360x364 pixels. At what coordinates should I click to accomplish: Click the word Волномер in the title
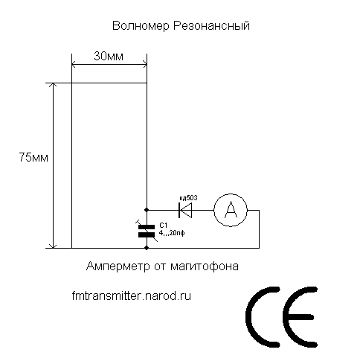(x=141, y=25)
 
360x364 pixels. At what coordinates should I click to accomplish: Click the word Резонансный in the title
(x=211, y=26)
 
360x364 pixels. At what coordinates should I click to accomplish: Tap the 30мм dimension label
(x=109, y=57)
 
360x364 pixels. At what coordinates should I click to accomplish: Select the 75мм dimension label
(x=33, y=157)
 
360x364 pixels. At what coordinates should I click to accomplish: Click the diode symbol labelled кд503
(x=185, y=210)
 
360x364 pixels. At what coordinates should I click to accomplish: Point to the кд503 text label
(x=188, y=198)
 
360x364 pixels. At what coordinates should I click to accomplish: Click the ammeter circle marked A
(x=231, y=210)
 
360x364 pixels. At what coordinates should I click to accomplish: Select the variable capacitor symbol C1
(x=147, y=231)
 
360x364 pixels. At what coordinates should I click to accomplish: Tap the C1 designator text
(x=164, y=226)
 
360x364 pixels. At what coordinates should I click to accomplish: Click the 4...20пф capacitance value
(x=172, y=233)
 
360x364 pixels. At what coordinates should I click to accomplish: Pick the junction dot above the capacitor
(x=147, y=210)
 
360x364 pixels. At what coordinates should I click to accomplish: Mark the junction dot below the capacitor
(x=147, y=248)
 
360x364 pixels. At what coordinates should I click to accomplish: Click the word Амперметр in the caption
(x=118, y=266)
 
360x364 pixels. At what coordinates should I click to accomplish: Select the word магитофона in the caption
(x=205, y=266)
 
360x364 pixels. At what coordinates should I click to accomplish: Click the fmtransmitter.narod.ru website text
(x=132, y=296)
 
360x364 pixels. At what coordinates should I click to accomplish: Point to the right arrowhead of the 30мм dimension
(x=144, y=65)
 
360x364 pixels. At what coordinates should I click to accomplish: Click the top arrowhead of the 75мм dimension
(x=53, y=85)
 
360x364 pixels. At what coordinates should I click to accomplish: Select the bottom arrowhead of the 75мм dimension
(x=53, y=246)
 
